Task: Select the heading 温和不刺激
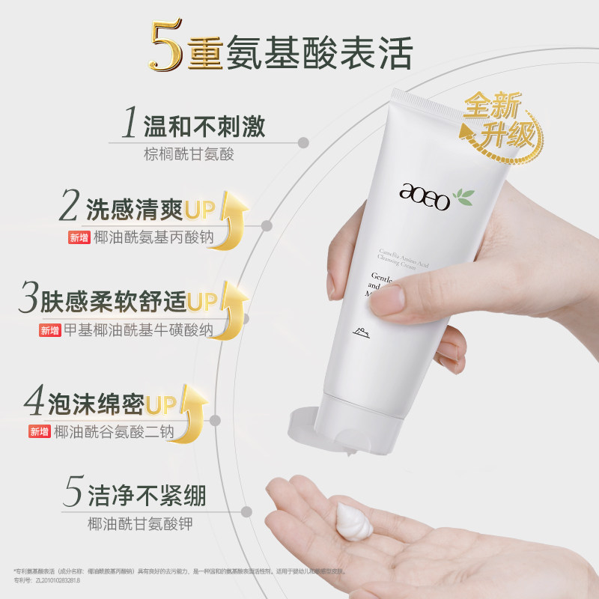tap(204, 126)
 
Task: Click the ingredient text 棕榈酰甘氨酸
tap(189, 155)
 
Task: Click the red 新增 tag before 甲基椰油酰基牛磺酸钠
tap(50, 330)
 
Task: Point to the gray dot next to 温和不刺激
tap(304, 141)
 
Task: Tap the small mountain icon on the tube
tap(359, 329)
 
